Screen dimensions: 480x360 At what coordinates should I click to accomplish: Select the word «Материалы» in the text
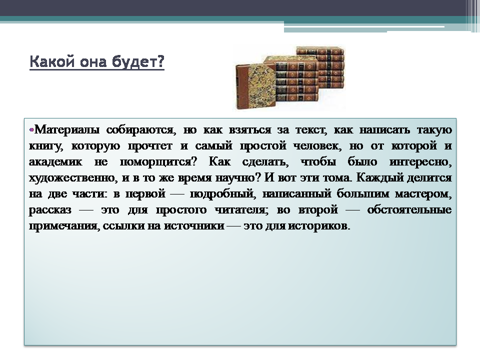pos(67,130)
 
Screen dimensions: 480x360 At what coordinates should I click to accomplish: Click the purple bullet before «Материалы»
pos(31,130)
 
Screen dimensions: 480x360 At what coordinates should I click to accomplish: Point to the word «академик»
pos(55,161)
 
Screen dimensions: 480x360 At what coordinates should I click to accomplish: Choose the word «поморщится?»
pos(158,162)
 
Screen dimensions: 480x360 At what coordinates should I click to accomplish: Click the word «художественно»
pos(73,178)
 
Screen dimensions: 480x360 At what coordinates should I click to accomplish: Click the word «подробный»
pos(222,194)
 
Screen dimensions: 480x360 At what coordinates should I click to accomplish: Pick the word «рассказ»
pos(50,210)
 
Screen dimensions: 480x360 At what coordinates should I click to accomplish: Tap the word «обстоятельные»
pos(409,209)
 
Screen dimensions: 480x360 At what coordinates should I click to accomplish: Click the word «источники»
pos(194,226)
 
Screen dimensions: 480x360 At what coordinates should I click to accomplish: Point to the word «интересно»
pos(421,161)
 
